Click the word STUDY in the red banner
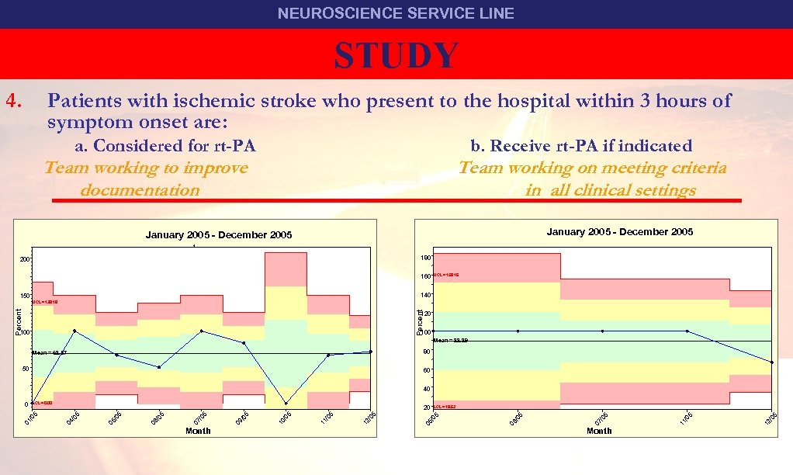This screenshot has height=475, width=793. point(396,55)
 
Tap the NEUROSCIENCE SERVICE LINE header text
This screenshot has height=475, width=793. point(396,13)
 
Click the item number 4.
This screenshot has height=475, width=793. point(16,100)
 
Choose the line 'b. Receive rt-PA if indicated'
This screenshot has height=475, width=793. point(581,146)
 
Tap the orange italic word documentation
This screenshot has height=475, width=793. point(140,190)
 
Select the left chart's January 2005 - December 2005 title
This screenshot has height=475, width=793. point(219,234)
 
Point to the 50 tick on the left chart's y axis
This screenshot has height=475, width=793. point(26,369)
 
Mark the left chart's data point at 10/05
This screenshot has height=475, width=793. point(286,404)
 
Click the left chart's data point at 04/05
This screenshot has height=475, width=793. point(74,331)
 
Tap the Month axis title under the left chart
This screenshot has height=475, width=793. point(199,431)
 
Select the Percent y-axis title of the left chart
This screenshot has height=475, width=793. point(19,321)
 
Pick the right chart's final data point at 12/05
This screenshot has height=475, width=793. point(772,362)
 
